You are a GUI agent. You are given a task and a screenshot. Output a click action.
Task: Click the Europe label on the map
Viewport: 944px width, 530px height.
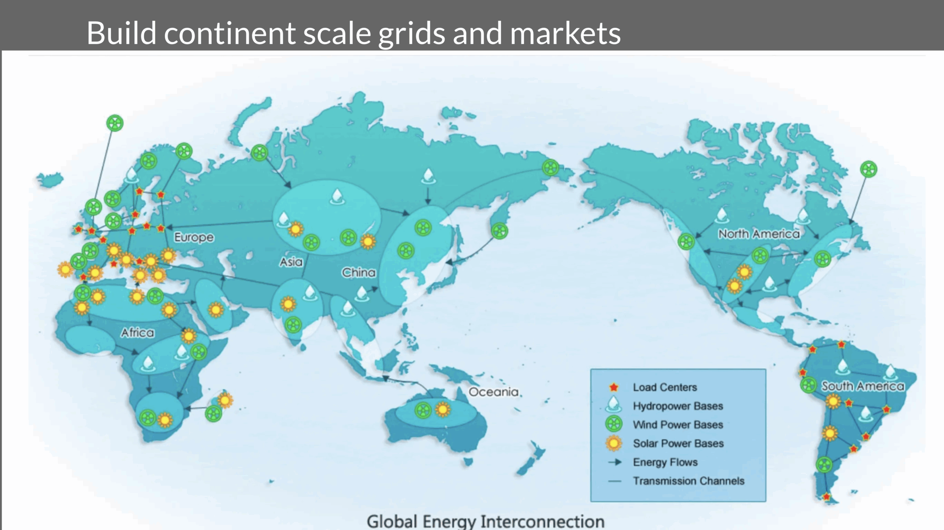[x=194, y=237]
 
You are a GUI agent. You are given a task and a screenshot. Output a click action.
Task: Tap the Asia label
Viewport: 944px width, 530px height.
[x=291, y=262]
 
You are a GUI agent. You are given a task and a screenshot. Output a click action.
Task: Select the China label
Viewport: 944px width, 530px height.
[x=358, y=273]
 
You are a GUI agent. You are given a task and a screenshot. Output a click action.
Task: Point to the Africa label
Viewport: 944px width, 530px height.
[x=138, y=333]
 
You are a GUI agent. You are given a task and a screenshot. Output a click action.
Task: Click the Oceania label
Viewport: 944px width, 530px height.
[x=493, y=392]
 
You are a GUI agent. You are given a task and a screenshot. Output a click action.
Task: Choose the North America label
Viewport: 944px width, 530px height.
[x=759, y=234]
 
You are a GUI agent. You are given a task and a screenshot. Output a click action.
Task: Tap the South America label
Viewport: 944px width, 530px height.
[x=863, y=386]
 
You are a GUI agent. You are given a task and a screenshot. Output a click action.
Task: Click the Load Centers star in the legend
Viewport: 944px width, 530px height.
[x=614, y=387]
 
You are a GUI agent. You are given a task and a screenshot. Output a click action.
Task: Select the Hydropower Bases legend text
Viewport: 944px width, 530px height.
[x=678, y=406]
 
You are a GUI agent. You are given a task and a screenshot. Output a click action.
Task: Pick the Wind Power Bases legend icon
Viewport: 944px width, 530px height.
[x=614, y=424]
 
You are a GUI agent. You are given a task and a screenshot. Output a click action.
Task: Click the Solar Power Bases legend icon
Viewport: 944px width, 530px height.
[x=614, y=443]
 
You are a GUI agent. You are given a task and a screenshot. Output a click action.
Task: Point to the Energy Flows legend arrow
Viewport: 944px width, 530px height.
[x=615, y=462]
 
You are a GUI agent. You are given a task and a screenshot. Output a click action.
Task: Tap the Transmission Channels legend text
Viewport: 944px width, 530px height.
[x=688, y=481]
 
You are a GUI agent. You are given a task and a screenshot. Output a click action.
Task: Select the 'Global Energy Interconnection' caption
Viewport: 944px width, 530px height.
[x=485, y=522]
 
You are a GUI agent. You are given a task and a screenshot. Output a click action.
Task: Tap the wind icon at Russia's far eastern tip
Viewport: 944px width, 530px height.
[x=550, y=168]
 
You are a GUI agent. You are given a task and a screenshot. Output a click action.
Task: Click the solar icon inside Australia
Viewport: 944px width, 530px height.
[x=443, y=409]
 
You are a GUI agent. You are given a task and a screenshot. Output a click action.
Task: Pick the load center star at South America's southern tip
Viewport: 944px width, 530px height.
[x=826, y=497]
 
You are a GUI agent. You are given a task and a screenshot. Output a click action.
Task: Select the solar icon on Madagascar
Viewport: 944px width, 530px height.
[x=225, y=400]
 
